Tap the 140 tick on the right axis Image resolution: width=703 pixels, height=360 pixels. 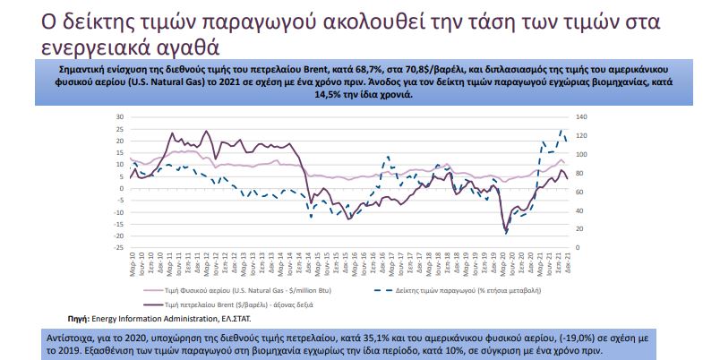580,117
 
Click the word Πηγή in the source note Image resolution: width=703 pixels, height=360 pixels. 81,318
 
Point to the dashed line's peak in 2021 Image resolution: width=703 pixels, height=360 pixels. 562,131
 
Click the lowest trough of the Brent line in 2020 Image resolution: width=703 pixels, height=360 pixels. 506,233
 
